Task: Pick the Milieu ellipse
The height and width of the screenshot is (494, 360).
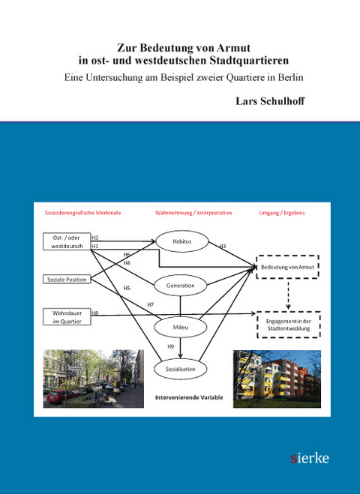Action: pyautogui.click(x=180, y=327)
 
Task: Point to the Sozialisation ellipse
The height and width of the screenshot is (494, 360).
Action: pyautogui.click(x=180, y=369)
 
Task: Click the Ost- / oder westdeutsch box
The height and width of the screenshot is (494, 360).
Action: pyautogui.click(x=66, y=241)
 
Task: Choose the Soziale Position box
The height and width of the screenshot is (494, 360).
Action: pyautogui.click(x=66, y=280)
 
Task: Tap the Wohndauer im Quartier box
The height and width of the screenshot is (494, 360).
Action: pyautogui.click(x=66, y=317)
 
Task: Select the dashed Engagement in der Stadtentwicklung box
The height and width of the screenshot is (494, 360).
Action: pyautogui.click(x=289, y=325)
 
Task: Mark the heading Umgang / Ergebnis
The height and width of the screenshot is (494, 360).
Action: pyautogui.click(x=281, y=213)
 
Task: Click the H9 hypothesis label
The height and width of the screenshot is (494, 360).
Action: pyautogui.click(x=170, y=346)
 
